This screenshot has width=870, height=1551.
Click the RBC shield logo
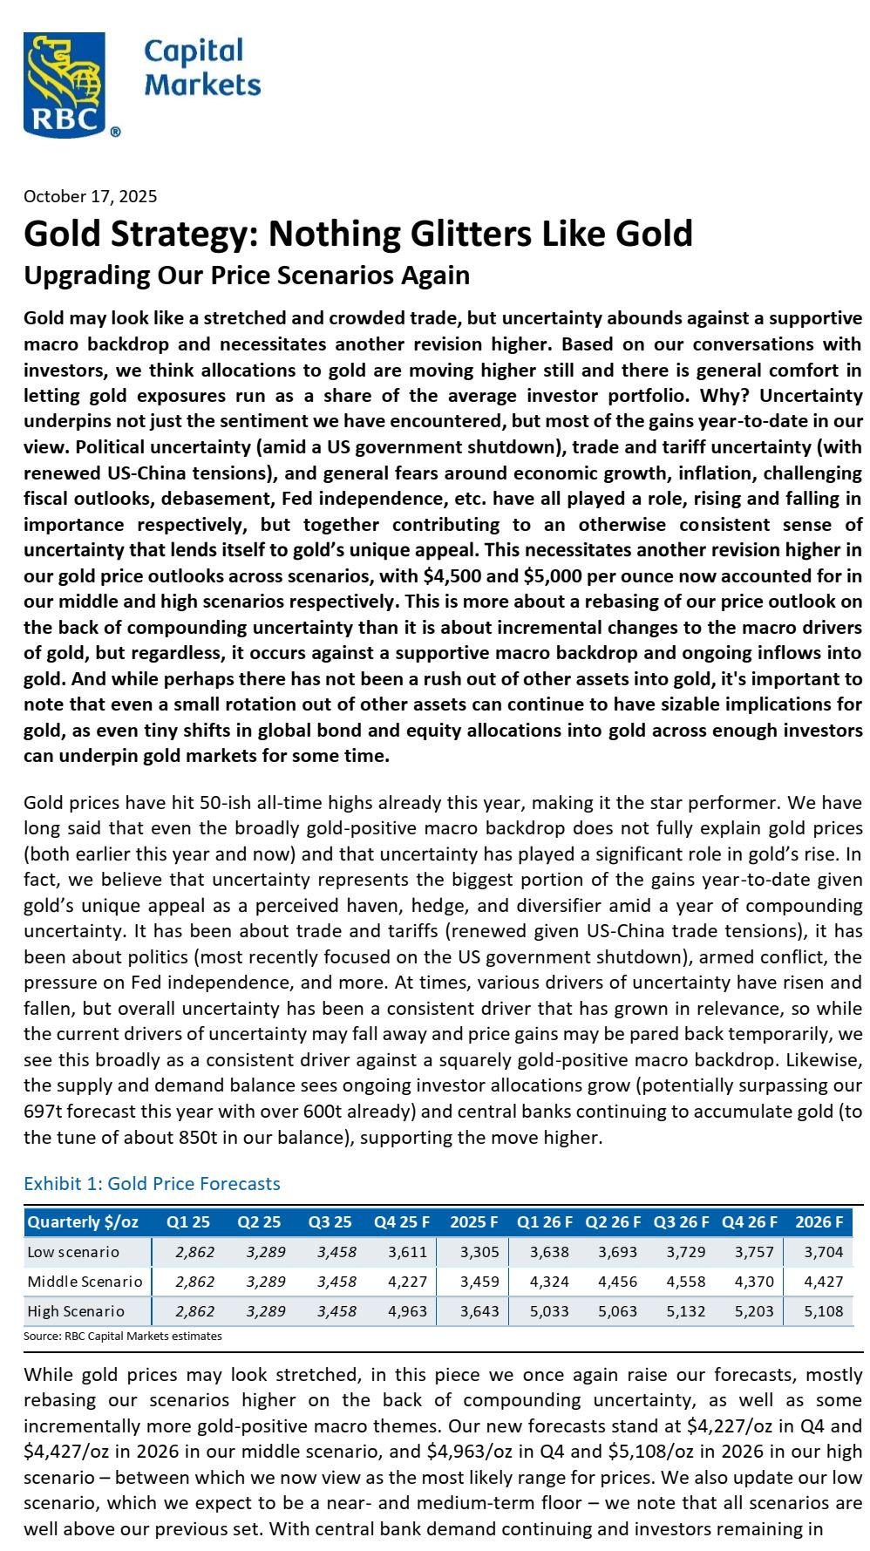click(65, 85)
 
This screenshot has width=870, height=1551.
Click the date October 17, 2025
click(90, 196)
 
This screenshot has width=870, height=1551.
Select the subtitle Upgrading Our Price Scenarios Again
click(247, 276)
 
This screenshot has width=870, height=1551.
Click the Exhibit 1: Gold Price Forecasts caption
click(152, 1183)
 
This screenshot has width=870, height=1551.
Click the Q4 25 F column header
click(400, 1221)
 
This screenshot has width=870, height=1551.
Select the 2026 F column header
click(819, 1221)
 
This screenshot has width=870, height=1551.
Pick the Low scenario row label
click(73, 1252)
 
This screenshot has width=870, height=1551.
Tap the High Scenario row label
click(76, 1311)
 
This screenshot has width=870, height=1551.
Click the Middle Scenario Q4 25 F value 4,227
click(407, 1282)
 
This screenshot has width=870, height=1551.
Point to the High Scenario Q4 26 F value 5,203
click(754, 1311)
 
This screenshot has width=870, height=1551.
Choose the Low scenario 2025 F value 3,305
click(479, 1252)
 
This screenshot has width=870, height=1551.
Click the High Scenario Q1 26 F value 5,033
click(549, 1311)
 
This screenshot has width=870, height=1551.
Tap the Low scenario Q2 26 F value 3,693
click(617, 1252)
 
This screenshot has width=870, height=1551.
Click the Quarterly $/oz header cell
click(83, 1221)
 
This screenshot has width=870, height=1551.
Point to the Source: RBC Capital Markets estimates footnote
click(123, 1336)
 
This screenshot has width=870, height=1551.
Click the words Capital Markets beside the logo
click(201, 67)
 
